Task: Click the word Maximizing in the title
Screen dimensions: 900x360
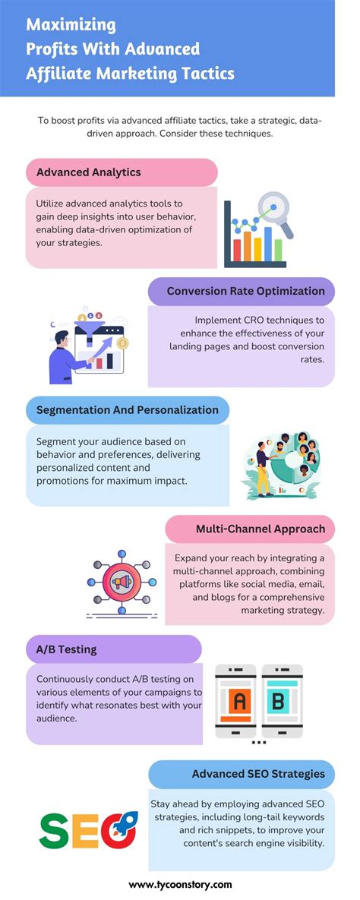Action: [71, 25]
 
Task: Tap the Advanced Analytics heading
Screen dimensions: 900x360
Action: [89, 172]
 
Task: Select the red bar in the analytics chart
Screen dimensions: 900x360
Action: [237, 248]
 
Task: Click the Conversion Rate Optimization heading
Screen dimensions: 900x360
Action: [245, 291]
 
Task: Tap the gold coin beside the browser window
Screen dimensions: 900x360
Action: [123, 344]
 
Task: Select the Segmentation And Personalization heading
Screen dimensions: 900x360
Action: [128, 410]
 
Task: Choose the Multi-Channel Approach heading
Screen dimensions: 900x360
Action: [260, 529]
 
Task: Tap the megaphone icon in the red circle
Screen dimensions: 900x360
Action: [122, 583]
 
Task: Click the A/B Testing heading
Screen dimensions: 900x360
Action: [67, 650]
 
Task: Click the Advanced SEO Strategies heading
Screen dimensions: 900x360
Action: [258, 774]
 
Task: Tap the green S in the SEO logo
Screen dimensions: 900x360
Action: [54, 830]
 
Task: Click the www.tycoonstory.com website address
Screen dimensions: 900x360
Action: [180, 884]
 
